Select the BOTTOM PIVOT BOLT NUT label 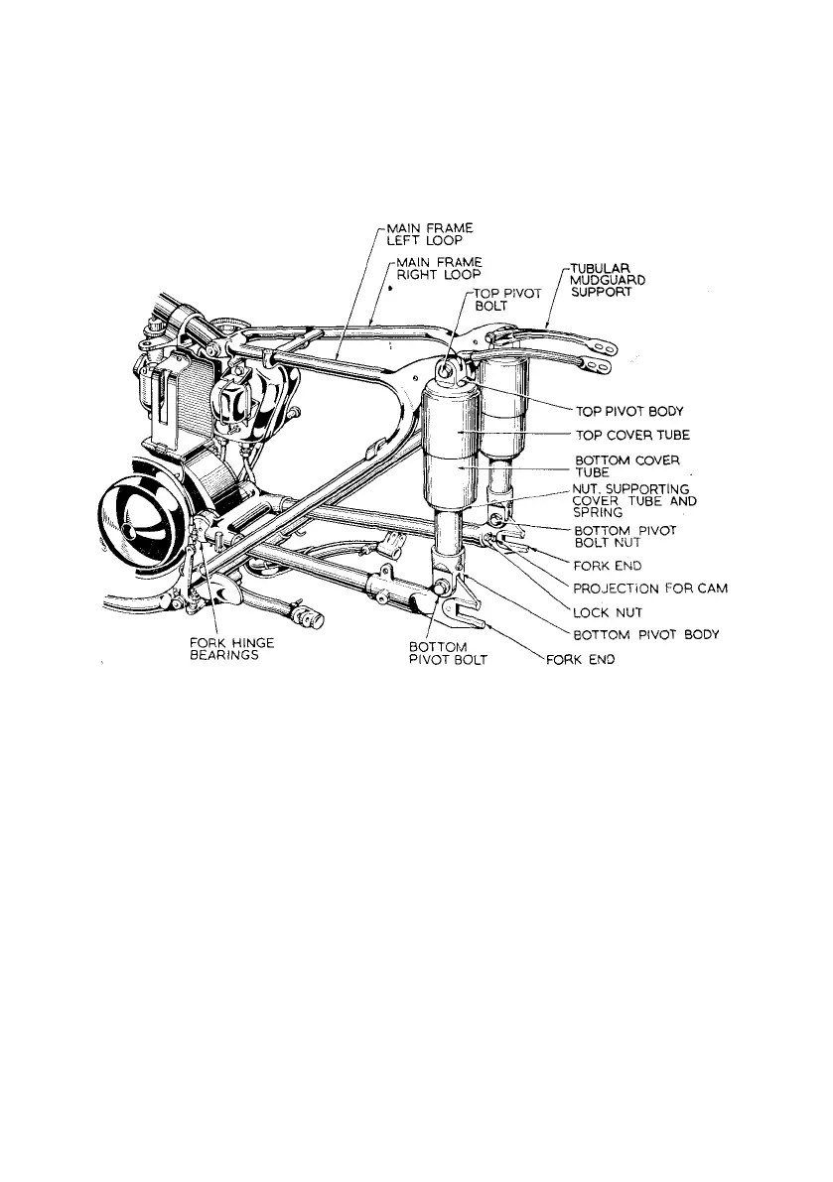point(625,537)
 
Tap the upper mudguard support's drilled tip point(602,349)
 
